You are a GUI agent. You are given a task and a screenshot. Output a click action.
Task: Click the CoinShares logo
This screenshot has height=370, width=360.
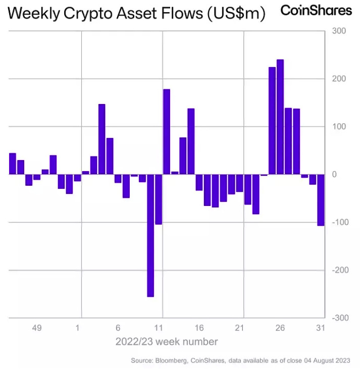(316, 11)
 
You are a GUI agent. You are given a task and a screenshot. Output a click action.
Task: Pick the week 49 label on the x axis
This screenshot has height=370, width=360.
(37, 328)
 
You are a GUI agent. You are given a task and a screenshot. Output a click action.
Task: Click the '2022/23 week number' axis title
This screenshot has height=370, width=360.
(167, 342)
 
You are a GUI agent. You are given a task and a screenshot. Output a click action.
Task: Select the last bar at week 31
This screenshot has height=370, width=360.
(321, 200)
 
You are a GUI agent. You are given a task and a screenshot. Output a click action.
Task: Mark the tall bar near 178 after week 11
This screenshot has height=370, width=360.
(167, 132)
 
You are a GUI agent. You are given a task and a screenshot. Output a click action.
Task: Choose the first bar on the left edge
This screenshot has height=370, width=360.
(13, 164)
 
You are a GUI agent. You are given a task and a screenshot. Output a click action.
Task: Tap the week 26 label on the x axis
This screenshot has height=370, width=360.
(280, 328)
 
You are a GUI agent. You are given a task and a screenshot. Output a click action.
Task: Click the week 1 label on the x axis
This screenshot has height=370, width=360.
(78, 328)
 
